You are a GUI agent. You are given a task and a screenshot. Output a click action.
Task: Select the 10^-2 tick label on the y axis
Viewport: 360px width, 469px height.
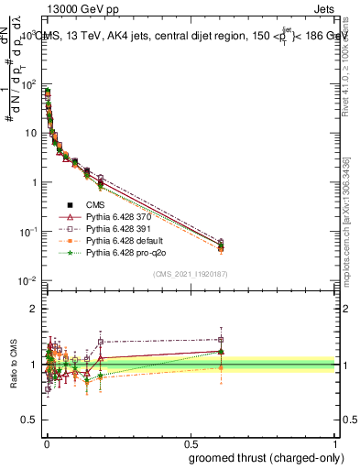pyautogui.click(x=27, y=280)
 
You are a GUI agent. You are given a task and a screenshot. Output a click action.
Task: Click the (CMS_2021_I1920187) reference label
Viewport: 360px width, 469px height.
pyautogui.click(x=191, y=272)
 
